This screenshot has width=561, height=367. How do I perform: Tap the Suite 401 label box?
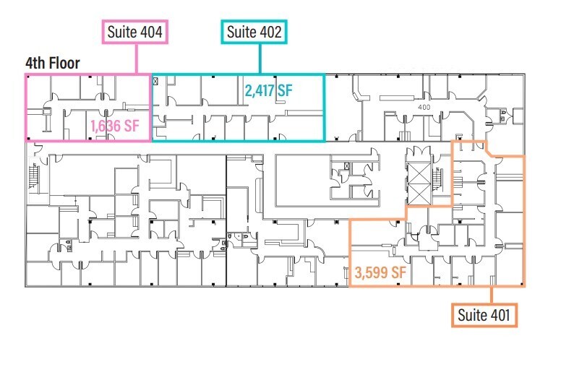point(484,316)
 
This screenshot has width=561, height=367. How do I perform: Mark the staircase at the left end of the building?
point(33,176)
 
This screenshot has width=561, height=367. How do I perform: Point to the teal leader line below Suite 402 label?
point(258,59)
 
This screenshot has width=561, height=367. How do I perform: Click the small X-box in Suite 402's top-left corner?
point(155,82)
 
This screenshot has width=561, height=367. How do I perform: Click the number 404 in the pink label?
point(150,33)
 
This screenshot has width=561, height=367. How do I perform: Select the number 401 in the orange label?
point(499,316)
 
